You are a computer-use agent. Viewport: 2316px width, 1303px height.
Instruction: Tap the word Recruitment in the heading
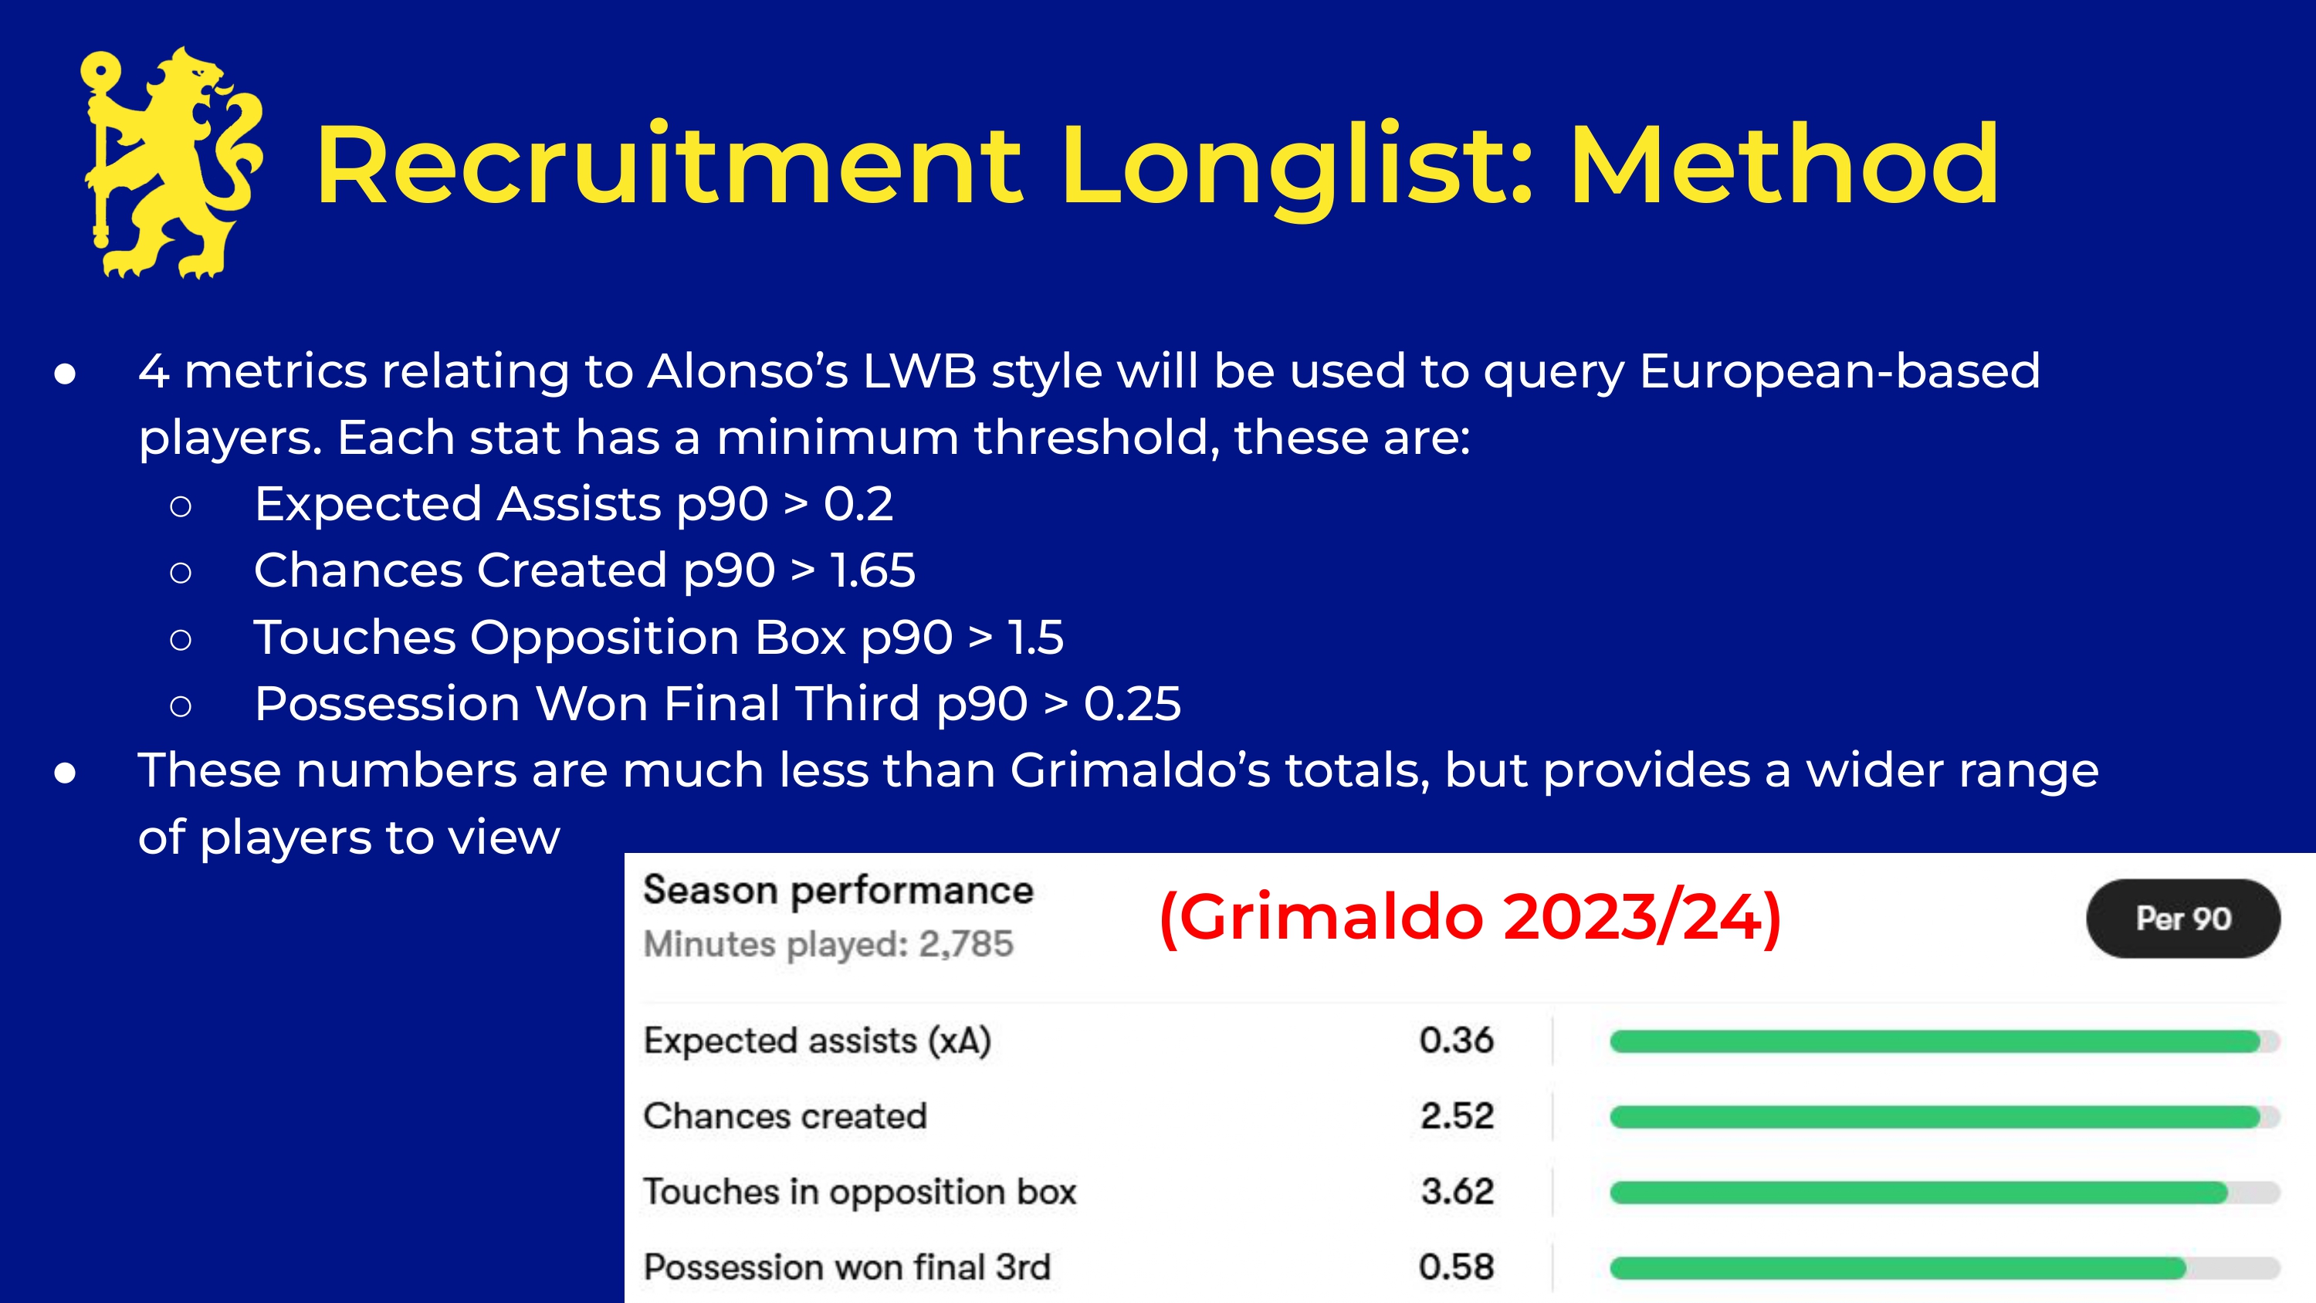pos(670,167)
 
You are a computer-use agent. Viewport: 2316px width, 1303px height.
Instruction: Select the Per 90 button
pos(2183,918)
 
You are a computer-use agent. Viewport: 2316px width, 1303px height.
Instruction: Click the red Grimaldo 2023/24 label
pos(1471,917)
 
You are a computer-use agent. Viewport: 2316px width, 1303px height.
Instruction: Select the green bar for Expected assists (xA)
pos(1935,1041)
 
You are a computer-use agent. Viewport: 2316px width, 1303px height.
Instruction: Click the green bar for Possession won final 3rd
pos(1897,1268)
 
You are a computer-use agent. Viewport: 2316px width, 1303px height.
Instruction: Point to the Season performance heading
pos(838,891)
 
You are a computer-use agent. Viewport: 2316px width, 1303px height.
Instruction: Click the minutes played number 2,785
pos(967,944)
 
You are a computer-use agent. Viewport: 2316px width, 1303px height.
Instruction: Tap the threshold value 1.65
pos(872,570)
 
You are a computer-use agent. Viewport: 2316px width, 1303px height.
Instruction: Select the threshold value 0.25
pos(1132,703)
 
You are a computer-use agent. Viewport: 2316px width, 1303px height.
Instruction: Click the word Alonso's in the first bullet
pos(748,371)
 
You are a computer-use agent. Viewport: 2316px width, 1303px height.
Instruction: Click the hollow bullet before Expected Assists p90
pos(181,506)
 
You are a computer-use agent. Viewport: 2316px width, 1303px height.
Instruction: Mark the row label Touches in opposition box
pos(859,1193)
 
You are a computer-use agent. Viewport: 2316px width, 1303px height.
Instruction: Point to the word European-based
pos(1840,371)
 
